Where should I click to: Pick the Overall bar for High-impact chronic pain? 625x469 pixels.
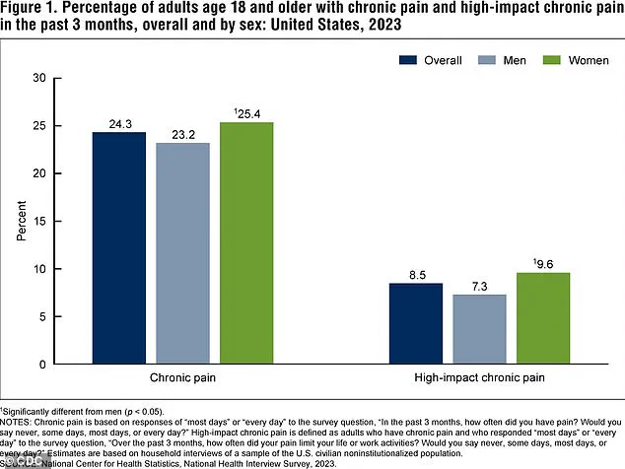click(415, 324)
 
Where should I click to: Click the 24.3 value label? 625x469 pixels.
click(119, 124)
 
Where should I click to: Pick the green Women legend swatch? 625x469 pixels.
click(530, 59)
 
